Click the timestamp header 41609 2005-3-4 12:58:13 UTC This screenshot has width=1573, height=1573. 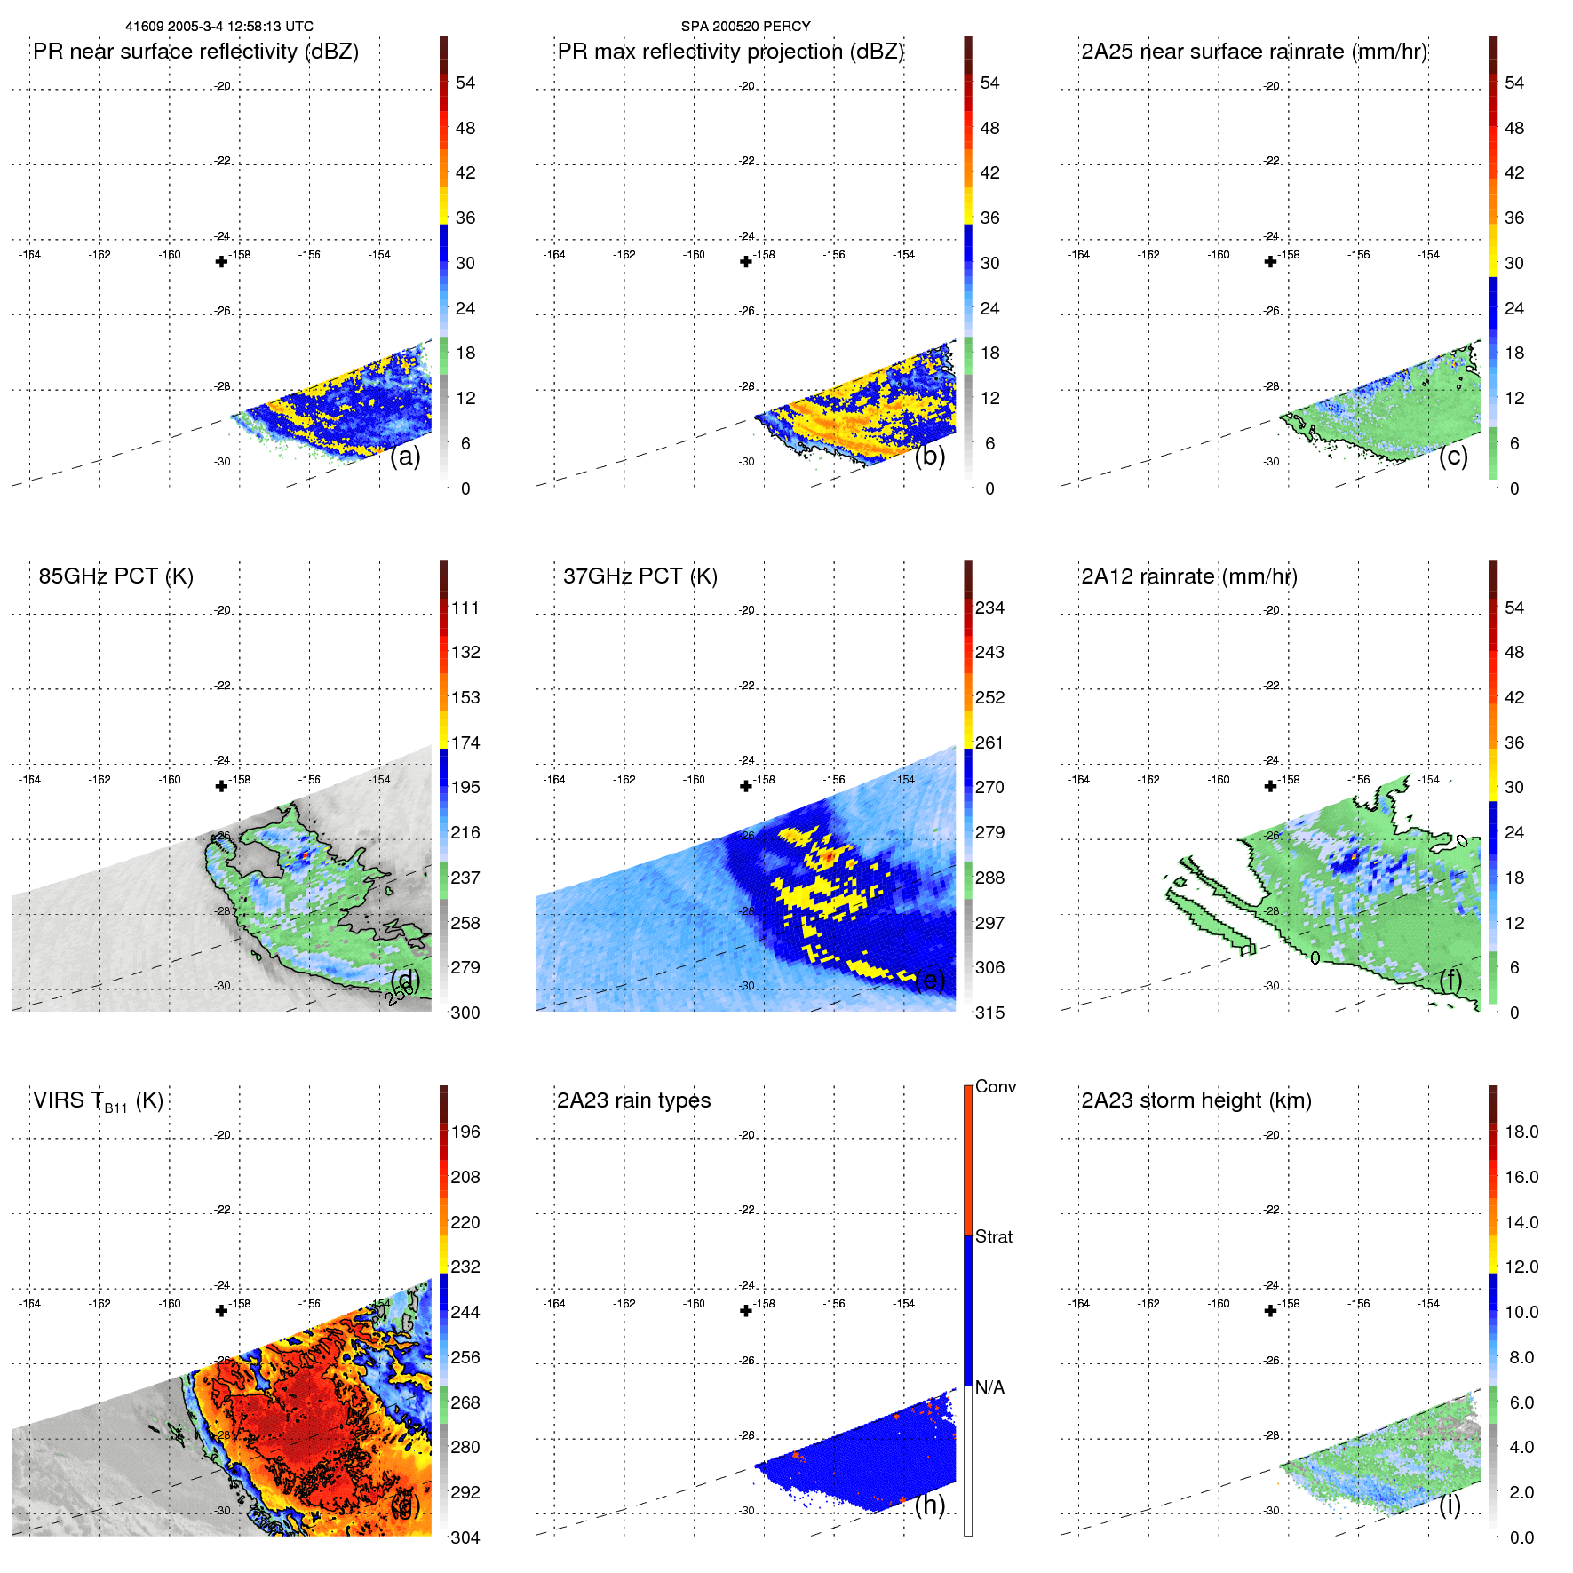(219, 27)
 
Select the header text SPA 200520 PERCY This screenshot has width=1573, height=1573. (745, 27)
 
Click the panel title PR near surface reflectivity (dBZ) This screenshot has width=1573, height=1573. (195, 52)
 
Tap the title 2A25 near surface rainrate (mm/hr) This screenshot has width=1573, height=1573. (1254, 52)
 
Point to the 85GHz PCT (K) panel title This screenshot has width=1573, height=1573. (115, 576)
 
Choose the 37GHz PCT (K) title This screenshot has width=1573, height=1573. (640, 576)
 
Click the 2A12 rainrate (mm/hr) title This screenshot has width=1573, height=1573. (1189, 576)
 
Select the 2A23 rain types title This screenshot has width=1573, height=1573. (633, 1100)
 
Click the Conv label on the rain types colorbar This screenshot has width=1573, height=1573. (996, 1086)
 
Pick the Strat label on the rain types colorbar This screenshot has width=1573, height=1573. (994, 1236)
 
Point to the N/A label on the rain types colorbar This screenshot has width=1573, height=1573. (989, 1387)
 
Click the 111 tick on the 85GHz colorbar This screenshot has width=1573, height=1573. (465, 608)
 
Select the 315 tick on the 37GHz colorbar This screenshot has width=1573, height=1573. (989, 1013)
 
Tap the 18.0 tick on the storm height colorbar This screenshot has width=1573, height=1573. (1521, 1132)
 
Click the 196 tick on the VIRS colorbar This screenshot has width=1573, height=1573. (465, 1132)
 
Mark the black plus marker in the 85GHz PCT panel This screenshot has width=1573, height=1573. (222, 786)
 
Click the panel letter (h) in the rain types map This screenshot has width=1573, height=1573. (930, 1505)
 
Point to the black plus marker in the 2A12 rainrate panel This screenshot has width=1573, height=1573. (1270, 786)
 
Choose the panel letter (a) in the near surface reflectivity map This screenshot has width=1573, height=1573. (405, 456)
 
